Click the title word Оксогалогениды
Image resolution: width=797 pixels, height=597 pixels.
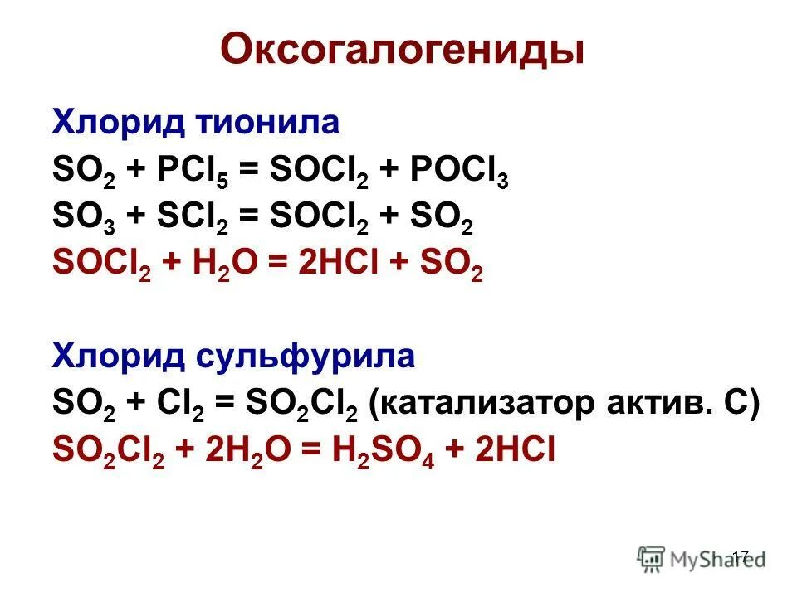402,51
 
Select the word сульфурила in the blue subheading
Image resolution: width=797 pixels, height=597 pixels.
307,357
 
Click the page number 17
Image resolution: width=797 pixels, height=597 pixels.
741,556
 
